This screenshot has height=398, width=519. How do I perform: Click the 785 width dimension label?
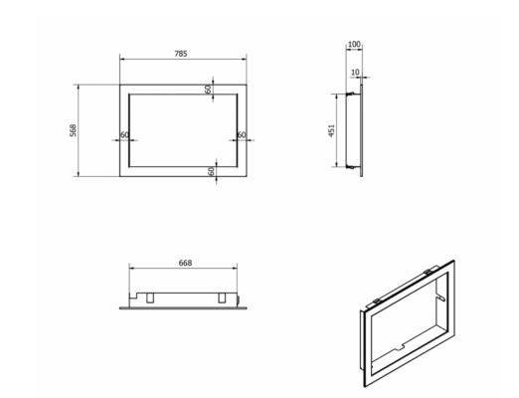click(x=181, y=54)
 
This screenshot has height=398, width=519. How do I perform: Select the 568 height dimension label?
click(x=73, y=130)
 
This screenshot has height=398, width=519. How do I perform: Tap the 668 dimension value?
click(x=185, y=263)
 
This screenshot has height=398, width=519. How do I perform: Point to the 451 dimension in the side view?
click(x=331, y=130)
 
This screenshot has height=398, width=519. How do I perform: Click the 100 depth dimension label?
click(x=354, y=44)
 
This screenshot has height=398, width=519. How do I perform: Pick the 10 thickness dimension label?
click(x=355, y=72)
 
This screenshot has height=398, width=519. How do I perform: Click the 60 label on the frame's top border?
click(x=208, y=90)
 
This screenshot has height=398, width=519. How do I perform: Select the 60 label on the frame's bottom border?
click(x=211, y=171)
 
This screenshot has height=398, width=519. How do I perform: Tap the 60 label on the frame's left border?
click(x=124, y=135)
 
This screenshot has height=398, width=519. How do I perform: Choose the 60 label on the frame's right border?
click(x=242, y=135)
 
